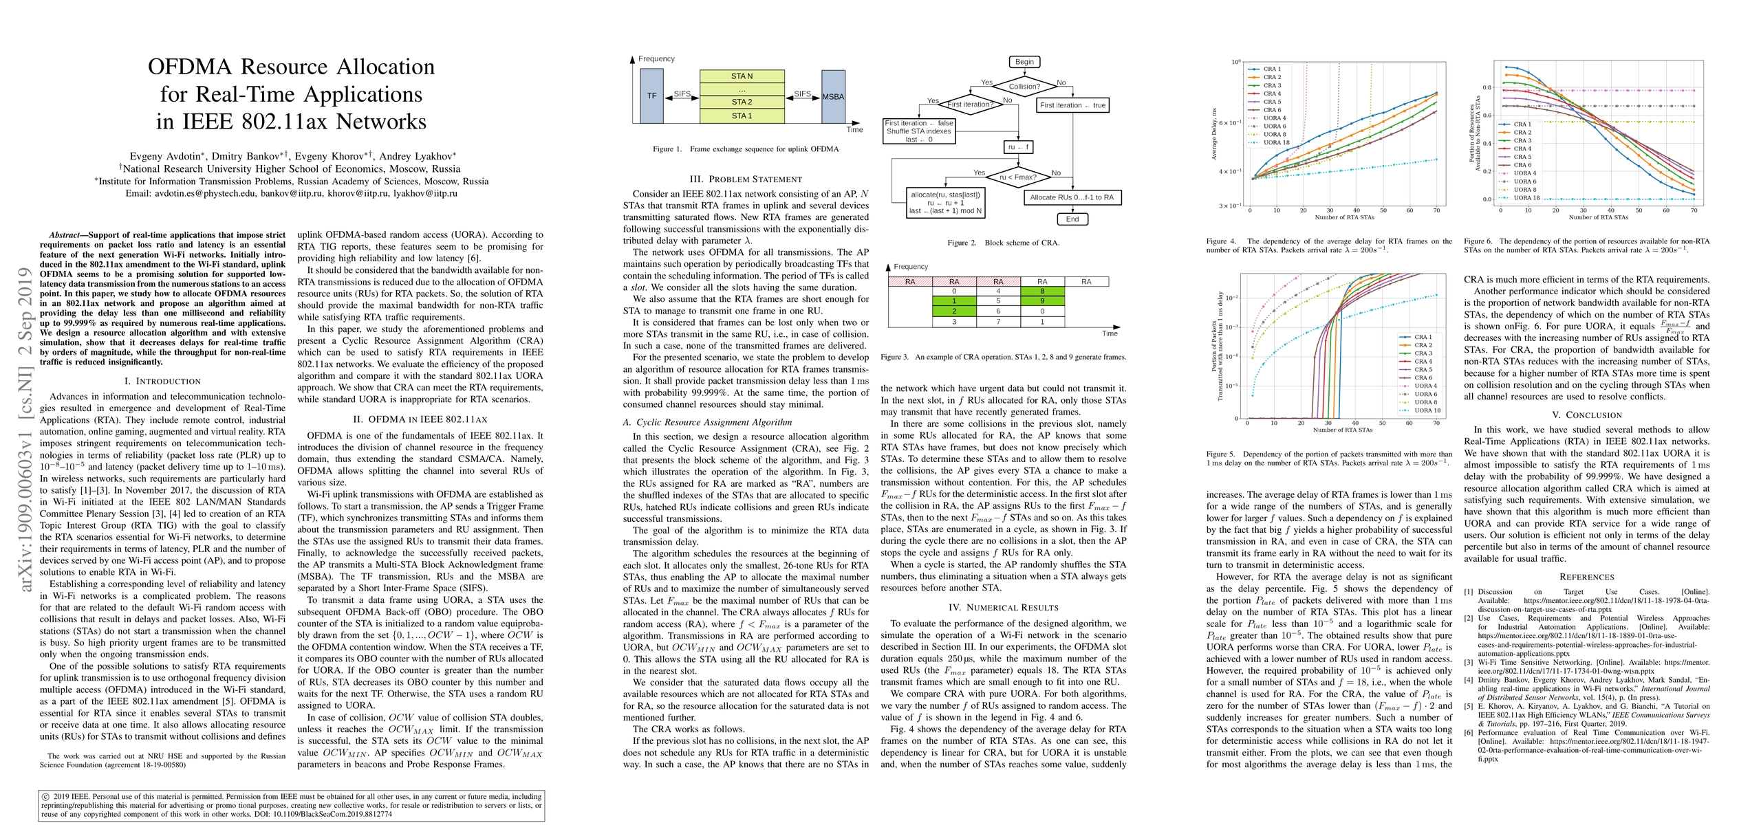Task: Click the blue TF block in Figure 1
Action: pyautogui.click(x=651, y=96)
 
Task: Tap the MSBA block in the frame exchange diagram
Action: pyautogui.click(x=833, y=96)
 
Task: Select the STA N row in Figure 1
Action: pyautogui.click(x=742, y=76)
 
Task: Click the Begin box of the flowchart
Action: pyautogui.click(x=1024, y=62)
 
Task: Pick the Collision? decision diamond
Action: pyautogui.click(x=1024, y=87)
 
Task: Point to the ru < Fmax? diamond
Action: pyautogui.click(x=1017, y=177)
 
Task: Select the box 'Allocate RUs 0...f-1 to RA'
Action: pyautogui.click(x=1072, y=197)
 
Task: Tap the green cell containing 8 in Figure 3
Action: pyautogui.click(x=1042, y=291)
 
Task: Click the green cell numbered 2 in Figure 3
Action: pyautogui.click(x=954, y=311)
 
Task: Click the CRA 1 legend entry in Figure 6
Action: pyautogui.click(x=1521, y=124)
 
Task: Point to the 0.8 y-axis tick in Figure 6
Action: pyautogui.click(x=1487, y=87)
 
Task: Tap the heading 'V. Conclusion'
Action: pyautogui.click(x=1586, y=415)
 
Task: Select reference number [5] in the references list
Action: pyautogui.click(x=1469, y=706)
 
